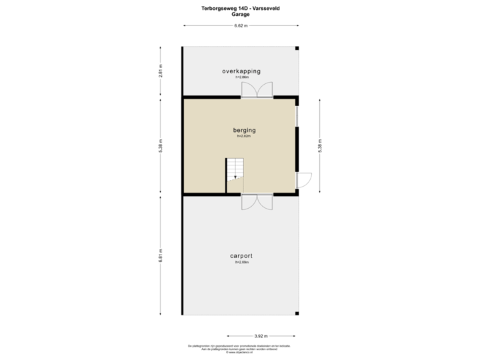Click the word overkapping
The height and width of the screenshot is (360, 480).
tap(241, 71)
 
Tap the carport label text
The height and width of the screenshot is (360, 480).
tap(241, 255)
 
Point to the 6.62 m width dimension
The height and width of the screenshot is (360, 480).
tap(241, 26)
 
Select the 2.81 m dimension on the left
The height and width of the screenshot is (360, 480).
tap(160, 71)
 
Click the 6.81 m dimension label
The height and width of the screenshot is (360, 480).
tap(160, 255)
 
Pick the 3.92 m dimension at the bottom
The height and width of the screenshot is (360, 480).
tap(261, 335)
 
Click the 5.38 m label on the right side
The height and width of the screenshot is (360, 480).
tap(320, 146)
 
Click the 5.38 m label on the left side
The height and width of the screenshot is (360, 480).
tap(160, 146)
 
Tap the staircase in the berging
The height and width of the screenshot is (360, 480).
tap(235, 170)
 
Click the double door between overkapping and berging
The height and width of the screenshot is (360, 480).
tap(257, 91)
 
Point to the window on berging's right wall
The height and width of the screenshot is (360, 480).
tap(297, 116)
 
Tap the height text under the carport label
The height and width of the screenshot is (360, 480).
tap(241, 262)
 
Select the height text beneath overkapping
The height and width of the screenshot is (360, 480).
tap(241, 77)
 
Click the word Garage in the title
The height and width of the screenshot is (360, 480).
tap(240, 13)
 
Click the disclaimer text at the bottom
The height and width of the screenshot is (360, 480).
tap(240, 347)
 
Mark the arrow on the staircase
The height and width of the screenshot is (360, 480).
tap(235, 177)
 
